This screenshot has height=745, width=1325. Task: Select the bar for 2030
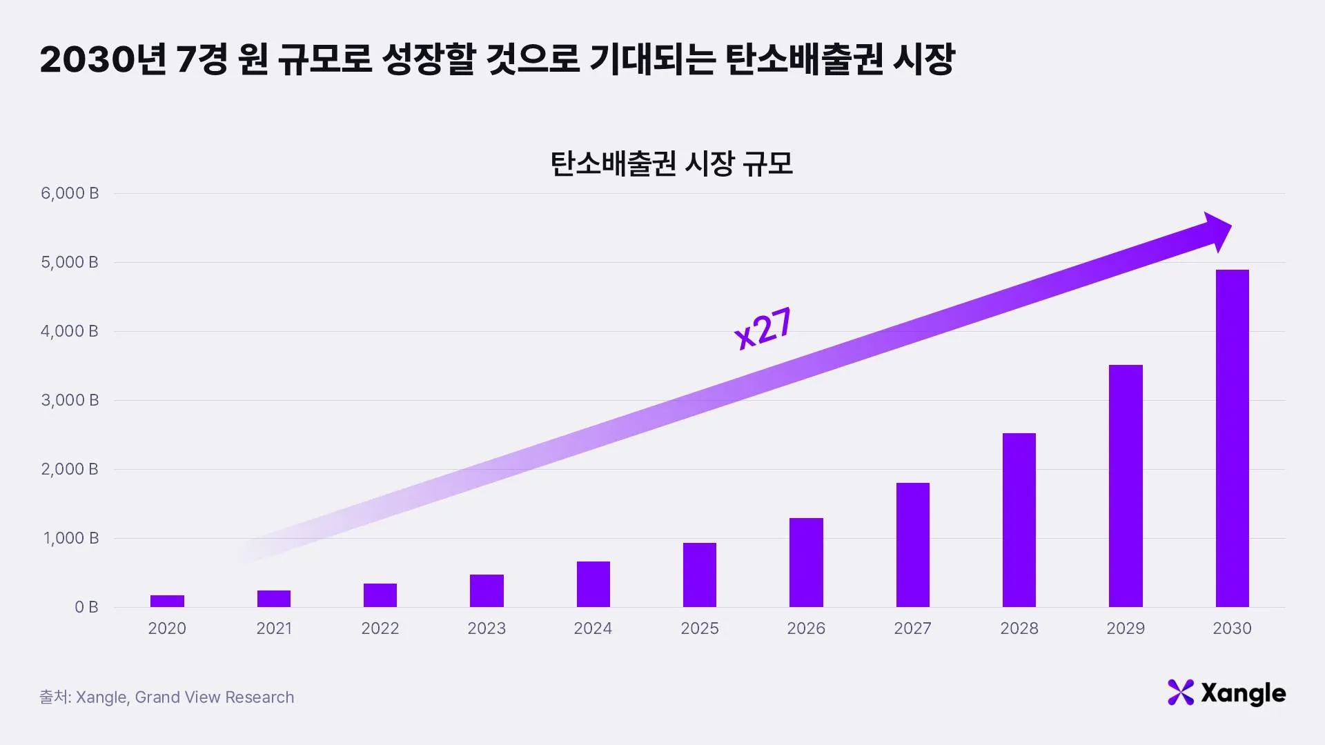coord(1232,438)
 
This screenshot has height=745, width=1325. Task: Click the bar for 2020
coord(167,601)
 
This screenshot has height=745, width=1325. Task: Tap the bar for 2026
coord(806,562)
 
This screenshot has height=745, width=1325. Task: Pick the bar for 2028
coord(1019,520)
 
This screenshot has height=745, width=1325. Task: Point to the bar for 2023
coord(487,590)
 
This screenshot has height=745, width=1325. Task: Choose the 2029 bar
coord(1126,486)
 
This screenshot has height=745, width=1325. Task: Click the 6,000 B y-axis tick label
coord(70,193)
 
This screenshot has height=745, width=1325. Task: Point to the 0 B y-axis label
coord(86,607)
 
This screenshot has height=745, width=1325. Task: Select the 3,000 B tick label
coord(70,400)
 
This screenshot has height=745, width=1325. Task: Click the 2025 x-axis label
coord(700,628)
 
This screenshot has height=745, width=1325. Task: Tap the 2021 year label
coord(274,628)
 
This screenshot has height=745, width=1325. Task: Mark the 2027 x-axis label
coord(912,628)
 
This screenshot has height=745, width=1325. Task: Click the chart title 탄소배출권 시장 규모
coord(671,164)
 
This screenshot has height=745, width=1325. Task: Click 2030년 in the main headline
coord(103,59)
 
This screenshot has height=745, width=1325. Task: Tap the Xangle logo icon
coord(1180,693)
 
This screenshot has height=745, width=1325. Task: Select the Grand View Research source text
coord(215,697)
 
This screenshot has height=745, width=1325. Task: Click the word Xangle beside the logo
coord(1243,693)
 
